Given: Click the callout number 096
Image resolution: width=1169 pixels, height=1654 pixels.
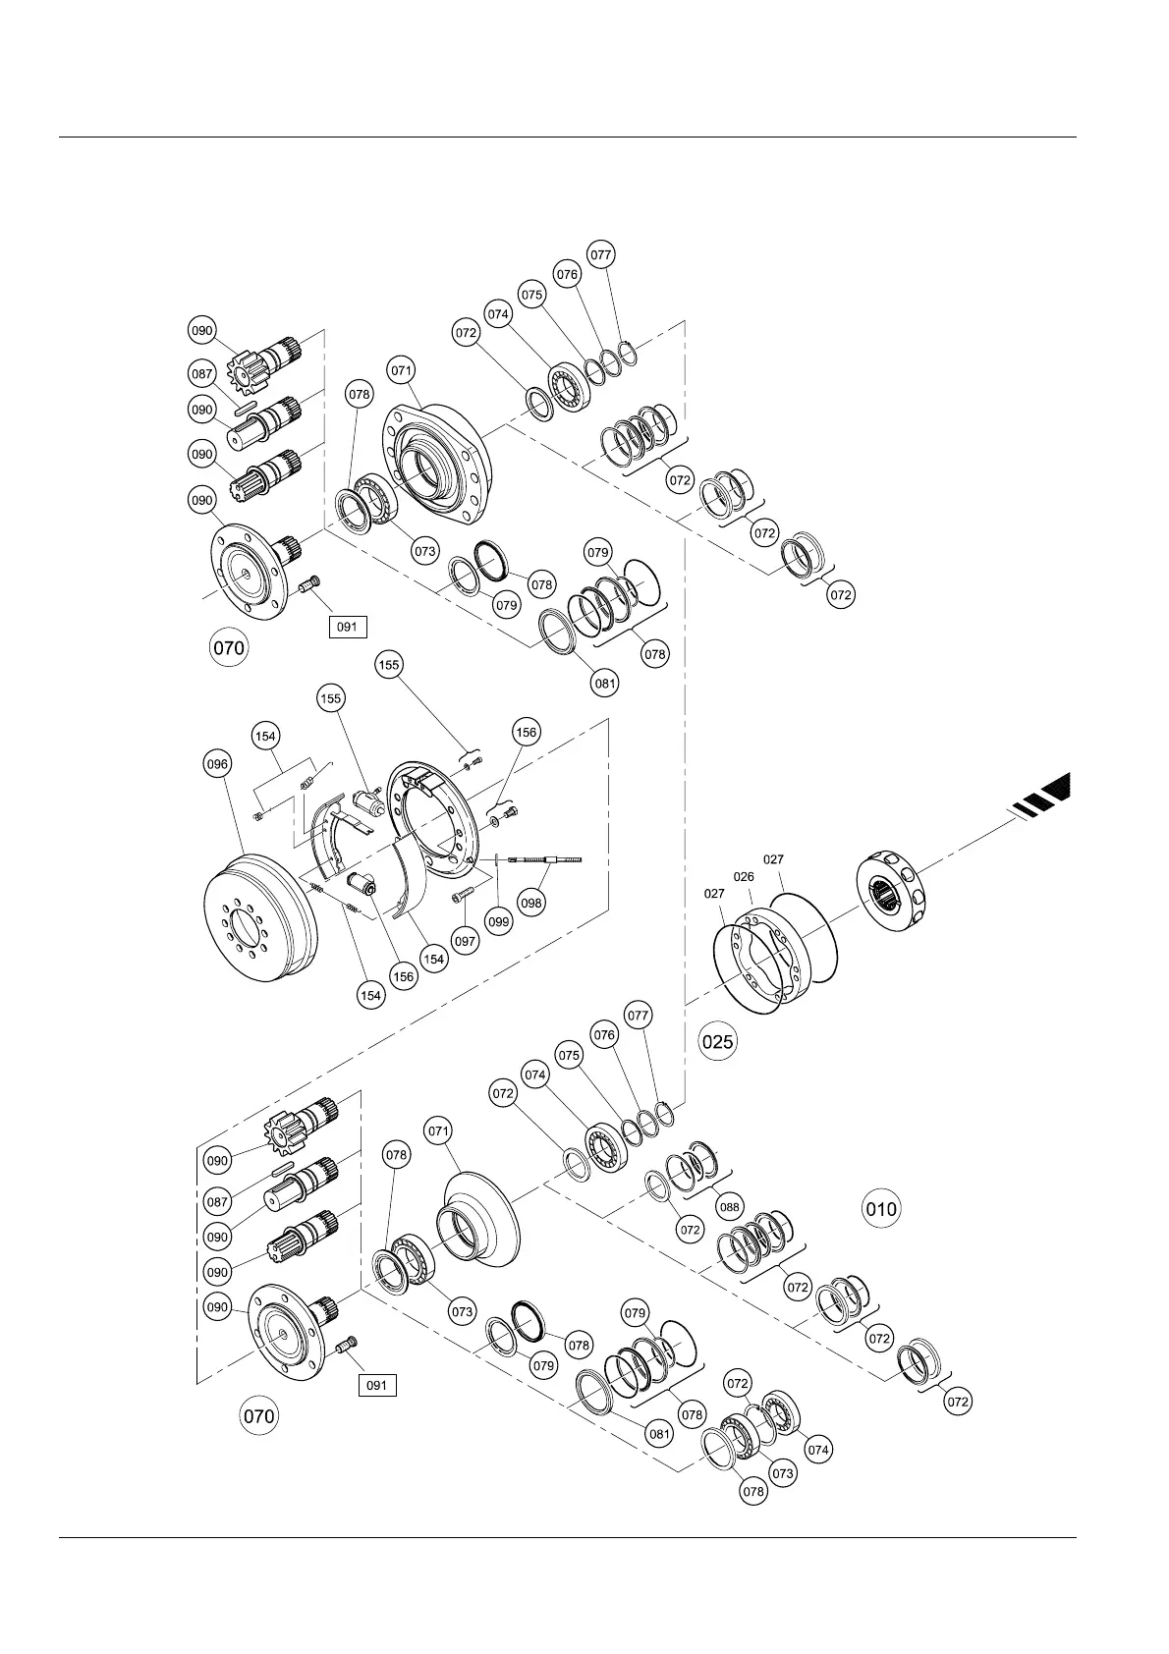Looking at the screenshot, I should point(217,763).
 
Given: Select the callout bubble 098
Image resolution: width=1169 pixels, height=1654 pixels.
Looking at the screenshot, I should point(531,903).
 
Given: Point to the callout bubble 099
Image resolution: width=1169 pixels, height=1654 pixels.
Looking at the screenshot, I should point(499,921).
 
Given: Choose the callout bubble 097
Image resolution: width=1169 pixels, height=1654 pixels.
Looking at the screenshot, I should point(465,941).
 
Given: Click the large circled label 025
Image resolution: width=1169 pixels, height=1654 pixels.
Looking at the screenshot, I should point(717,1041).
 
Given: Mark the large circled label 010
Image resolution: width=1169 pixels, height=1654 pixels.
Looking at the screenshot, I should point(881,1208).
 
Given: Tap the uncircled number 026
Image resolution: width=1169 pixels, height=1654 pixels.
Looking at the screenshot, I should point(744,877).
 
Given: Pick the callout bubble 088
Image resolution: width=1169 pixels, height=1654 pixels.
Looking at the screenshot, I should point(729,1206).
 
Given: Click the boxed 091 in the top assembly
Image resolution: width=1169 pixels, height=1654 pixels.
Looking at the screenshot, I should point(347,626).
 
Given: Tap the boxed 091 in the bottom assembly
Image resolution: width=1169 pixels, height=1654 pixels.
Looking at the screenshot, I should point(376,1385).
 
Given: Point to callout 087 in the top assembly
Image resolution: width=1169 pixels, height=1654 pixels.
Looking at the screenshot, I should point(203,374).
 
